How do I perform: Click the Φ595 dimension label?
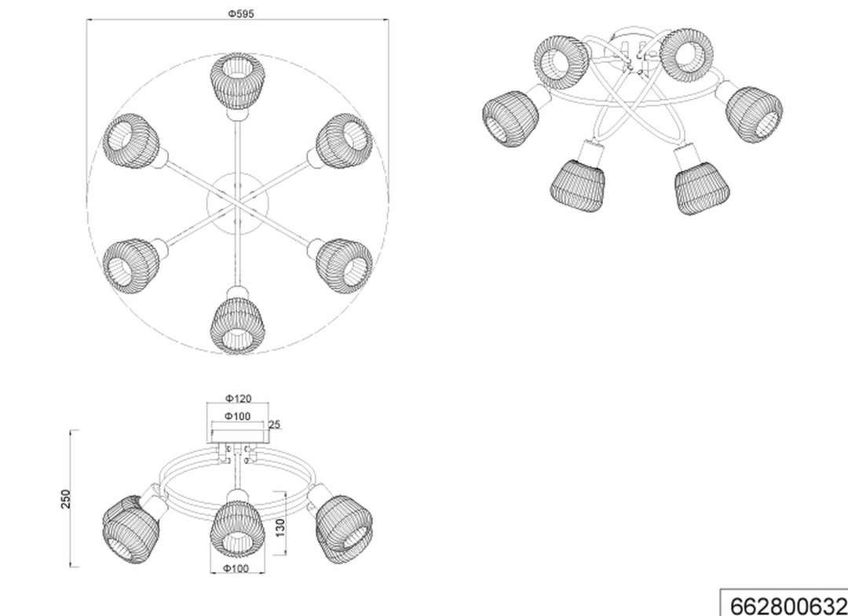click(x=240, y=13)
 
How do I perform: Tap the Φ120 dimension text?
click(x=239, y=399)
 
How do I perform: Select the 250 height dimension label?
click(x=65, y=499)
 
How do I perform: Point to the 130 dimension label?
click(x=280, y=527)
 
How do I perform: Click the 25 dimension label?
click(x=274, y=425)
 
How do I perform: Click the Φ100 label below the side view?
click(x=236, y=568)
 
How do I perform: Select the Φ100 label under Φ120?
click(x=237, y=416)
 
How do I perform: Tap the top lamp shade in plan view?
click(x=237, y=82)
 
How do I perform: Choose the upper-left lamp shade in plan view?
click(x=131, y=140)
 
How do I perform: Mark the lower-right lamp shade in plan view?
click(x=344, y=266)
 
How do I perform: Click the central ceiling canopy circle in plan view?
click(x=237, y=203)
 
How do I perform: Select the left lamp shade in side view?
click(x=130, y=530)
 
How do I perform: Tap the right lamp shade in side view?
click(x=344, y=530)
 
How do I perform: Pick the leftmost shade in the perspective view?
click(x=510, y=118)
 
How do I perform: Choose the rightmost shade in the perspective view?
click(x=754, y=115)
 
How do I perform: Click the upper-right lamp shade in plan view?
click(x=344, y=140)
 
